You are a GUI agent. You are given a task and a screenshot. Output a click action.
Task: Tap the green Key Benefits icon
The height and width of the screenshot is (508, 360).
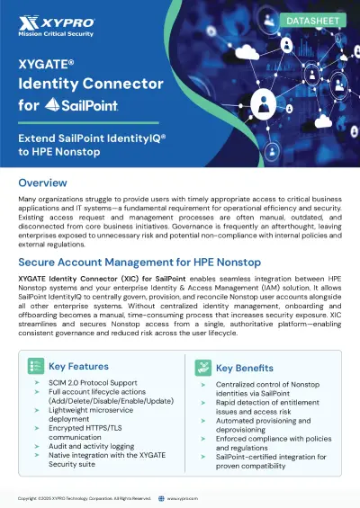[x=202, y=367]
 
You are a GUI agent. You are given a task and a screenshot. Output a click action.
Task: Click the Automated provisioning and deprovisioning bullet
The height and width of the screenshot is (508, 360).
[x=268, y=425]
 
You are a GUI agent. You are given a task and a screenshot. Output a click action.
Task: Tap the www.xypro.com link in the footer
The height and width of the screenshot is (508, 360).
[x=184, y=497]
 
